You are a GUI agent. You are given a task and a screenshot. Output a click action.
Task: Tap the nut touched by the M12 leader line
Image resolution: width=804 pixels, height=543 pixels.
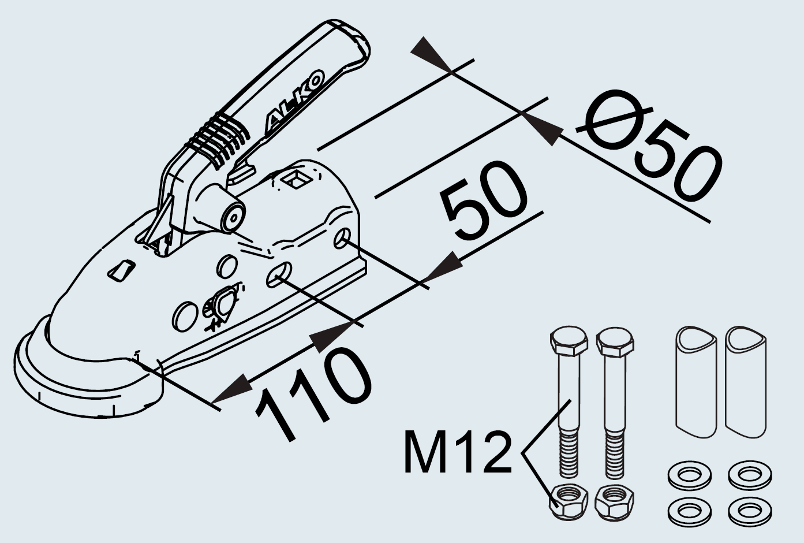(568, 500)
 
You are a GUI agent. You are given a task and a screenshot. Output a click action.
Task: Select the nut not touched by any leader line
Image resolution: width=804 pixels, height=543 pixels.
(614, 499)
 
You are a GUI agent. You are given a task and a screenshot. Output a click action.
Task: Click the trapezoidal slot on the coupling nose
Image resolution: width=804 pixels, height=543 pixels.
(122, 270)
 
